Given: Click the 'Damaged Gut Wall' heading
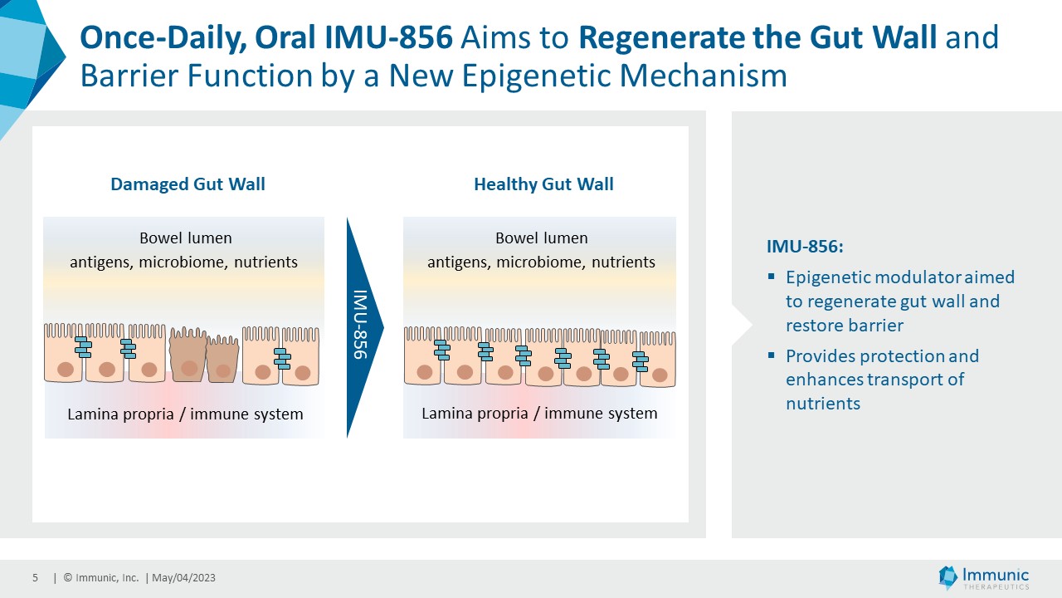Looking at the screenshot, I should pyautogui.click(x=188, y=184).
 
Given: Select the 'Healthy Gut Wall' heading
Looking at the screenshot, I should pyautogui.click(x=543, y=184).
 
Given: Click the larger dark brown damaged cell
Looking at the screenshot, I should pyautogui.click(x=188, y=357).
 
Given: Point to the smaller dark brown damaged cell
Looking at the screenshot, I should pyautogui.click(x=222, y=362).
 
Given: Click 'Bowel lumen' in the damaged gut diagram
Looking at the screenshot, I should pyautogui.click(x=186, y=238).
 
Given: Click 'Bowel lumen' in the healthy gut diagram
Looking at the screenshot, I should pyautogui.click(x=542, y=238).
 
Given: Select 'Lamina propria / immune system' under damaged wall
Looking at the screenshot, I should pyautogui.click(x=184, y=414).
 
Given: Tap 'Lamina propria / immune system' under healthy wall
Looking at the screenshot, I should pyautogui.click(x=539, y=414).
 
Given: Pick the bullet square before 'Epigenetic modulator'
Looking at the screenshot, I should pyautogui.click(x=772, y=276).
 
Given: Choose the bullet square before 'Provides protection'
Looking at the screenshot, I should pyautogui.click(x=772, y=355).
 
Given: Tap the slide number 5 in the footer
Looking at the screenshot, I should pyautogui.click(x=36, y=578).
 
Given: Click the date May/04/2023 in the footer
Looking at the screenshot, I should pyautogui.click(x=183, y=578).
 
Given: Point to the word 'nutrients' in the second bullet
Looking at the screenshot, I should pyautogui.click(x=823, y=404).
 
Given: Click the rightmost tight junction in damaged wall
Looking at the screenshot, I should pyautogui.click(x=282, y=359).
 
